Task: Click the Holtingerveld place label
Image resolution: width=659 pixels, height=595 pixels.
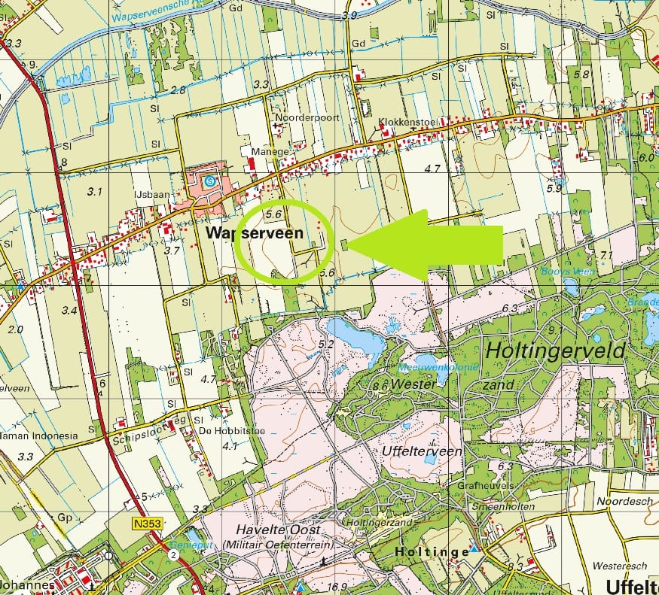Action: pos(556,351)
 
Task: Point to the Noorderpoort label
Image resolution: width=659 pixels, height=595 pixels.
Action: pos(307,118)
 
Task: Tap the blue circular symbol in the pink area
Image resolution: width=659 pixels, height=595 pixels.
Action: pos(210,181)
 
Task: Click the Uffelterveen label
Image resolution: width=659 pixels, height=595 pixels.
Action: pos(411,450)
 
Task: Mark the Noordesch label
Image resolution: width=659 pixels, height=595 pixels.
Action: pos(622,501)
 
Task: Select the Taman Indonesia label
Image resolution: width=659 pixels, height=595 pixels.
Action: pos(39,436)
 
